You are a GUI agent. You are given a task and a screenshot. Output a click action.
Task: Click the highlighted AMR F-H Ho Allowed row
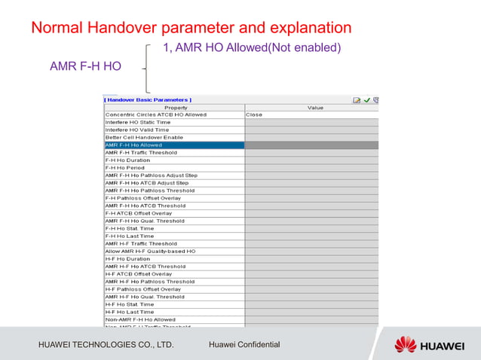173,145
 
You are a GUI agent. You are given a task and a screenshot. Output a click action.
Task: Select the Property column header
175,108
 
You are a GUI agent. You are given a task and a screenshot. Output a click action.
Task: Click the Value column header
315,108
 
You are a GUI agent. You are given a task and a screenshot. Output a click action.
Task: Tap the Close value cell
254,114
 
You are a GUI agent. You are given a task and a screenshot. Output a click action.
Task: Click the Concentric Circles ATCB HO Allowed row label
156,114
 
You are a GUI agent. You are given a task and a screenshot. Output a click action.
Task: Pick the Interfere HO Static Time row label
138,122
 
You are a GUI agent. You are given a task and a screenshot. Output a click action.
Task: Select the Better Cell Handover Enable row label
144,137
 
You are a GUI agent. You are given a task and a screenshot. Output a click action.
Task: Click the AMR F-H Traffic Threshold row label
141,152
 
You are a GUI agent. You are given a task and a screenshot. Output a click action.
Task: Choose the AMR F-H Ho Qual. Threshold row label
145,221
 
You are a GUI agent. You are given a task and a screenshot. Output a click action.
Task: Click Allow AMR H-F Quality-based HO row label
150,251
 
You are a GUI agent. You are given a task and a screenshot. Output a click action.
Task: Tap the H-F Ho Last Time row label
130,312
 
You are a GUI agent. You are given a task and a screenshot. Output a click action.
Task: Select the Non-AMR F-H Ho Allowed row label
140,319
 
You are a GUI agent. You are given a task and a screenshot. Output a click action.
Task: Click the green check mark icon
366,99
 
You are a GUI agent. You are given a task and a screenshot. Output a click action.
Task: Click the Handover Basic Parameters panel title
148,99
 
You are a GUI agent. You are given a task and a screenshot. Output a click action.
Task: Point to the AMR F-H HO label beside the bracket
85,66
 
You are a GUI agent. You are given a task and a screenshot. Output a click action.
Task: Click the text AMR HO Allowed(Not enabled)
252,48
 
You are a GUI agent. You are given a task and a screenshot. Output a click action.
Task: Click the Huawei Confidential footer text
244,345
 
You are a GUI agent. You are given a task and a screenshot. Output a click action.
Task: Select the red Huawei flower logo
405,345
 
